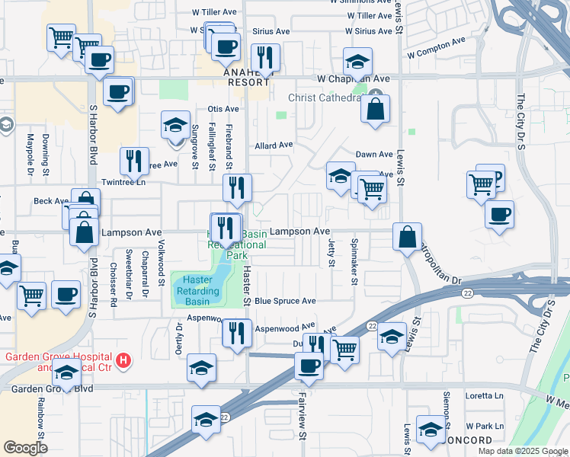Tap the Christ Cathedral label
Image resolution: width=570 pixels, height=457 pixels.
[325, 98]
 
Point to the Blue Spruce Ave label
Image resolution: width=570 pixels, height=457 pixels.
[285, 302]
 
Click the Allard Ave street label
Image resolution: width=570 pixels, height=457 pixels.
[274, 145]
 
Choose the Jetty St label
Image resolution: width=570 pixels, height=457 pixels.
[331, 252]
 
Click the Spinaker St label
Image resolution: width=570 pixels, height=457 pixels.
[354, 260]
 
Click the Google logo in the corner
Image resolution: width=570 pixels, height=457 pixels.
[26, 448]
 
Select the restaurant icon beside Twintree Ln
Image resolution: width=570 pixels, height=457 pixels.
[134, 160]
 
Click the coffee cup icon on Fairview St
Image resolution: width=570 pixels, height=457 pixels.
[309, 366]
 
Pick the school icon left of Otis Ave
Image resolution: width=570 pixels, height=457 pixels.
[176, 124]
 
